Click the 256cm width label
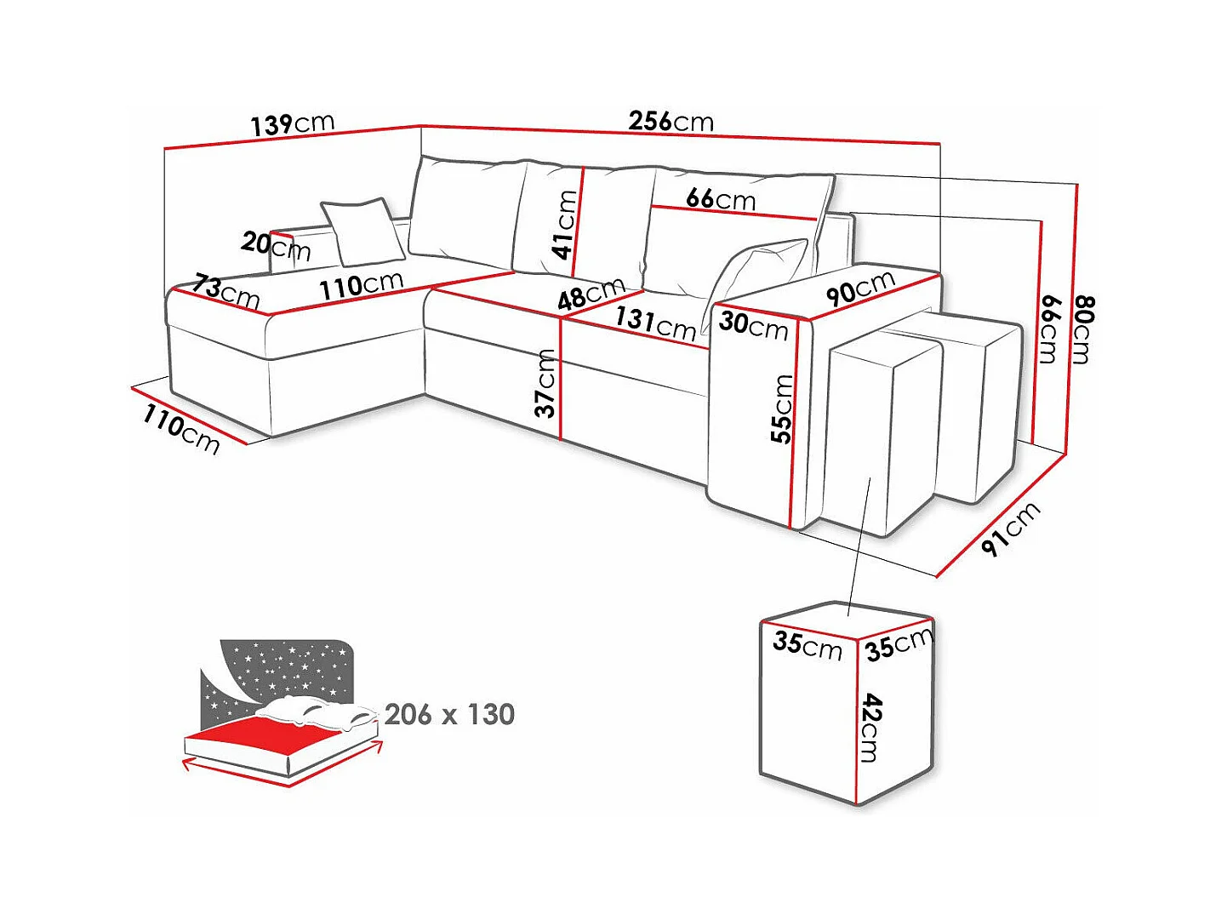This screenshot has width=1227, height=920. coord(671,121)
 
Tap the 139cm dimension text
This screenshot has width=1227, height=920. coord(292,124)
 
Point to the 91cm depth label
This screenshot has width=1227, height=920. coord(1009,529)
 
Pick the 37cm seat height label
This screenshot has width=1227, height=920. coord(545,383)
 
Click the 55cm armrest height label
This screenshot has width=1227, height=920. coord(781,409)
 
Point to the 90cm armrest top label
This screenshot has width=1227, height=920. coord(860,288)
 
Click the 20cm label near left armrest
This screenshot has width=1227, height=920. coord(275,246)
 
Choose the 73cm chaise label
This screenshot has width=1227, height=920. coord(225,291)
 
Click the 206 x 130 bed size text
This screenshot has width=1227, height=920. coord(449,714)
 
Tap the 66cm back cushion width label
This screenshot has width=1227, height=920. coord(720,199)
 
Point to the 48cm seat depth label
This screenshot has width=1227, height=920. coord(591,294)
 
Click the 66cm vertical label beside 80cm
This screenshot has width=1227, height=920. coord(1049,329)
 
